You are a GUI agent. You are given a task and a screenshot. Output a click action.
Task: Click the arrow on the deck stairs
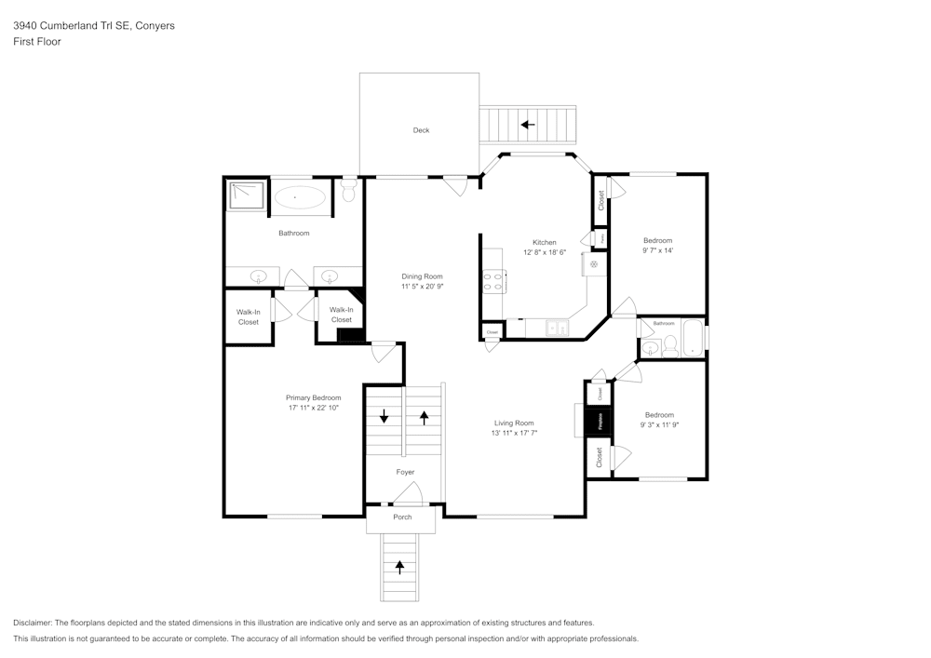pos(528,124)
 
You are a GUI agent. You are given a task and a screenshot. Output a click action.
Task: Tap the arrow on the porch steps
pos(401,566)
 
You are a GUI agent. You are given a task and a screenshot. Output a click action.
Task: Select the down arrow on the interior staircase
pos(383,416)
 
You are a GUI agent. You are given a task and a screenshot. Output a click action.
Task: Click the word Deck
pos(422,130)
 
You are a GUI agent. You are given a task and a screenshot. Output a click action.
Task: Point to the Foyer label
pos(405,472)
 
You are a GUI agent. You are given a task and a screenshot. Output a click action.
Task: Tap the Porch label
pos(402,517)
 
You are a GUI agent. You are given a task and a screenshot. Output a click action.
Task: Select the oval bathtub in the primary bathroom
pos(299,196)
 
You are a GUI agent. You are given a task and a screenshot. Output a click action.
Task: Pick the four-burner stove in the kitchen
pos(493,281)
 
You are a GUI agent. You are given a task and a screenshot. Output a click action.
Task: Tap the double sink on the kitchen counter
pos(557,328)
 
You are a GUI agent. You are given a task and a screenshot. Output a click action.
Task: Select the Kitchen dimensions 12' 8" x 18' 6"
pos(545,253)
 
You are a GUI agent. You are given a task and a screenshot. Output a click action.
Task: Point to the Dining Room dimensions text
pos(422,288)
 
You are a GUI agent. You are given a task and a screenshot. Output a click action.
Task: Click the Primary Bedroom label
pos(313,397)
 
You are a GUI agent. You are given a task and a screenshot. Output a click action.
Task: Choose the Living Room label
pos(513,423)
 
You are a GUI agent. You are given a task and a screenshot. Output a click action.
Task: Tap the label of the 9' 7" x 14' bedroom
pos(657,240)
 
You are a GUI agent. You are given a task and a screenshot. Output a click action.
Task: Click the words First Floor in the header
pos(37,42)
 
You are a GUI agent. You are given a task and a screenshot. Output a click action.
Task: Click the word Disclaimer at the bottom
pos(33,623)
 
